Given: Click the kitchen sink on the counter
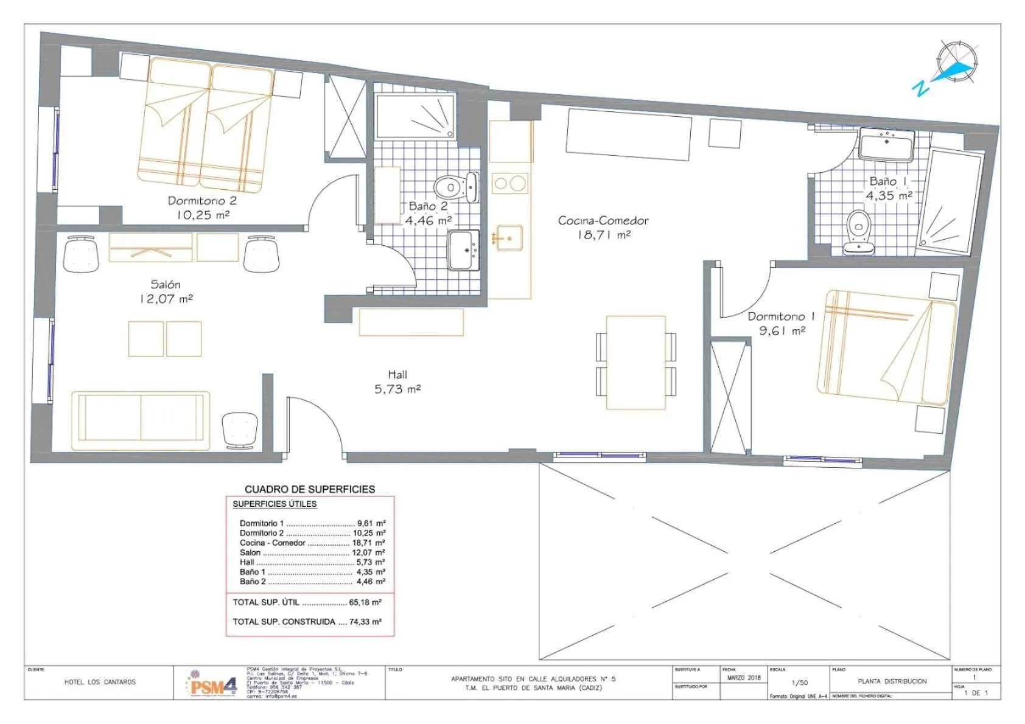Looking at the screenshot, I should point(509,238).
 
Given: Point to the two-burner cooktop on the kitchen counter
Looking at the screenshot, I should point(510,184).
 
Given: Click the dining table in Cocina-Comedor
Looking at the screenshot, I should point(635,363).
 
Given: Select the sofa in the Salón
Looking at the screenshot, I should point(141,420).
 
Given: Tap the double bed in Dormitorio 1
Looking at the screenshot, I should point(886,347).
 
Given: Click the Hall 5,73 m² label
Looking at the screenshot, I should point(397,382).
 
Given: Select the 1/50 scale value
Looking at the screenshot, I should point(799,683).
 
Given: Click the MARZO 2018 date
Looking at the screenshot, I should point(744,678).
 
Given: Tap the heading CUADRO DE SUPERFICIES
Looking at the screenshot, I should point(310,489).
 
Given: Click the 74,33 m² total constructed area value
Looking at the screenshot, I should point(365,622).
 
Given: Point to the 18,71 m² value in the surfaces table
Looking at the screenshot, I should point(368,543).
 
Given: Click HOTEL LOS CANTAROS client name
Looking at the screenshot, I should point(100,682).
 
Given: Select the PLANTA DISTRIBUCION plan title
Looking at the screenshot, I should point(892,681).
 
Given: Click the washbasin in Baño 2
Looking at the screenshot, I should point(464,250).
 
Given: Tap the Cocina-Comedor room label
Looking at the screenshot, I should point(603,220).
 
